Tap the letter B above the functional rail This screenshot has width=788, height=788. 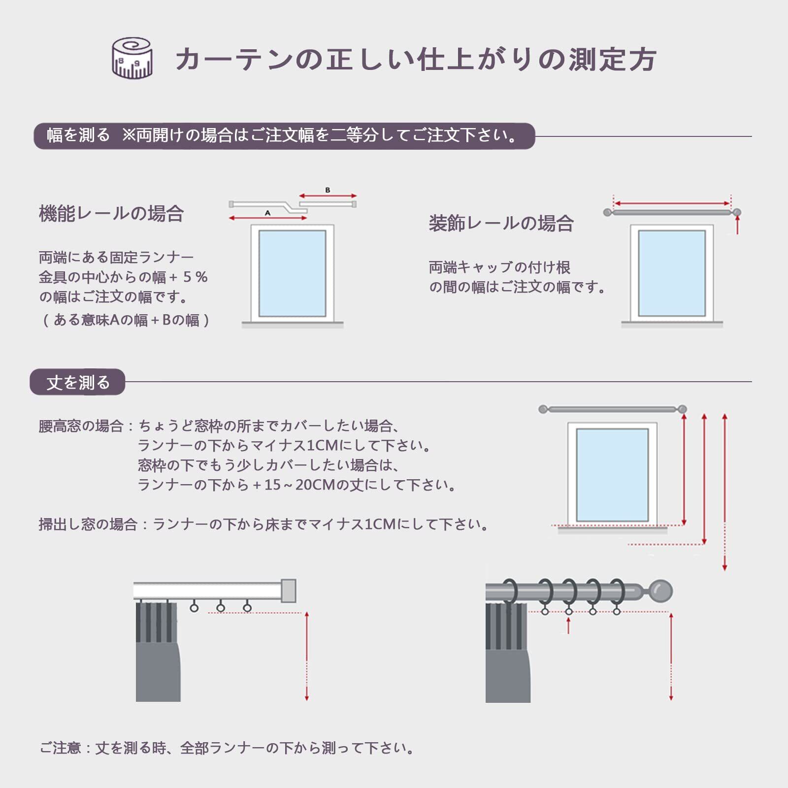tap(328, 190)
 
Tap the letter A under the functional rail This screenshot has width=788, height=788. tap(267, 213)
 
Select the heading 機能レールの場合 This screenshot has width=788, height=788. tap(111, 214)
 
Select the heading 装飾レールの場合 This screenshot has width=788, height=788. tap(501, 224)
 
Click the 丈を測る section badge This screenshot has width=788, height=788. tap(78, 382)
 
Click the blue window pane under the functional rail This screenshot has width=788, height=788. tap(292, 273)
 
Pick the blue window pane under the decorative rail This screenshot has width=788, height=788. tap(672, 273)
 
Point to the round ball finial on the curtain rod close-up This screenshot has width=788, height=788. tap(660, 591)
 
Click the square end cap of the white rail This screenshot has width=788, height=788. tap(288, 591)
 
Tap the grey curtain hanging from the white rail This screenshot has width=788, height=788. tap(157, 655)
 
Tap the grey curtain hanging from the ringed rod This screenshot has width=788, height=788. tap(507, 655)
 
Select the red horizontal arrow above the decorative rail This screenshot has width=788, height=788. tap(672, 203)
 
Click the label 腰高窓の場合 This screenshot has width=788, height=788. tap(81, 426)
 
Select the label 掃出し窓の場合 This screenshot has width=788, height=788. tap(88, 525)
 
